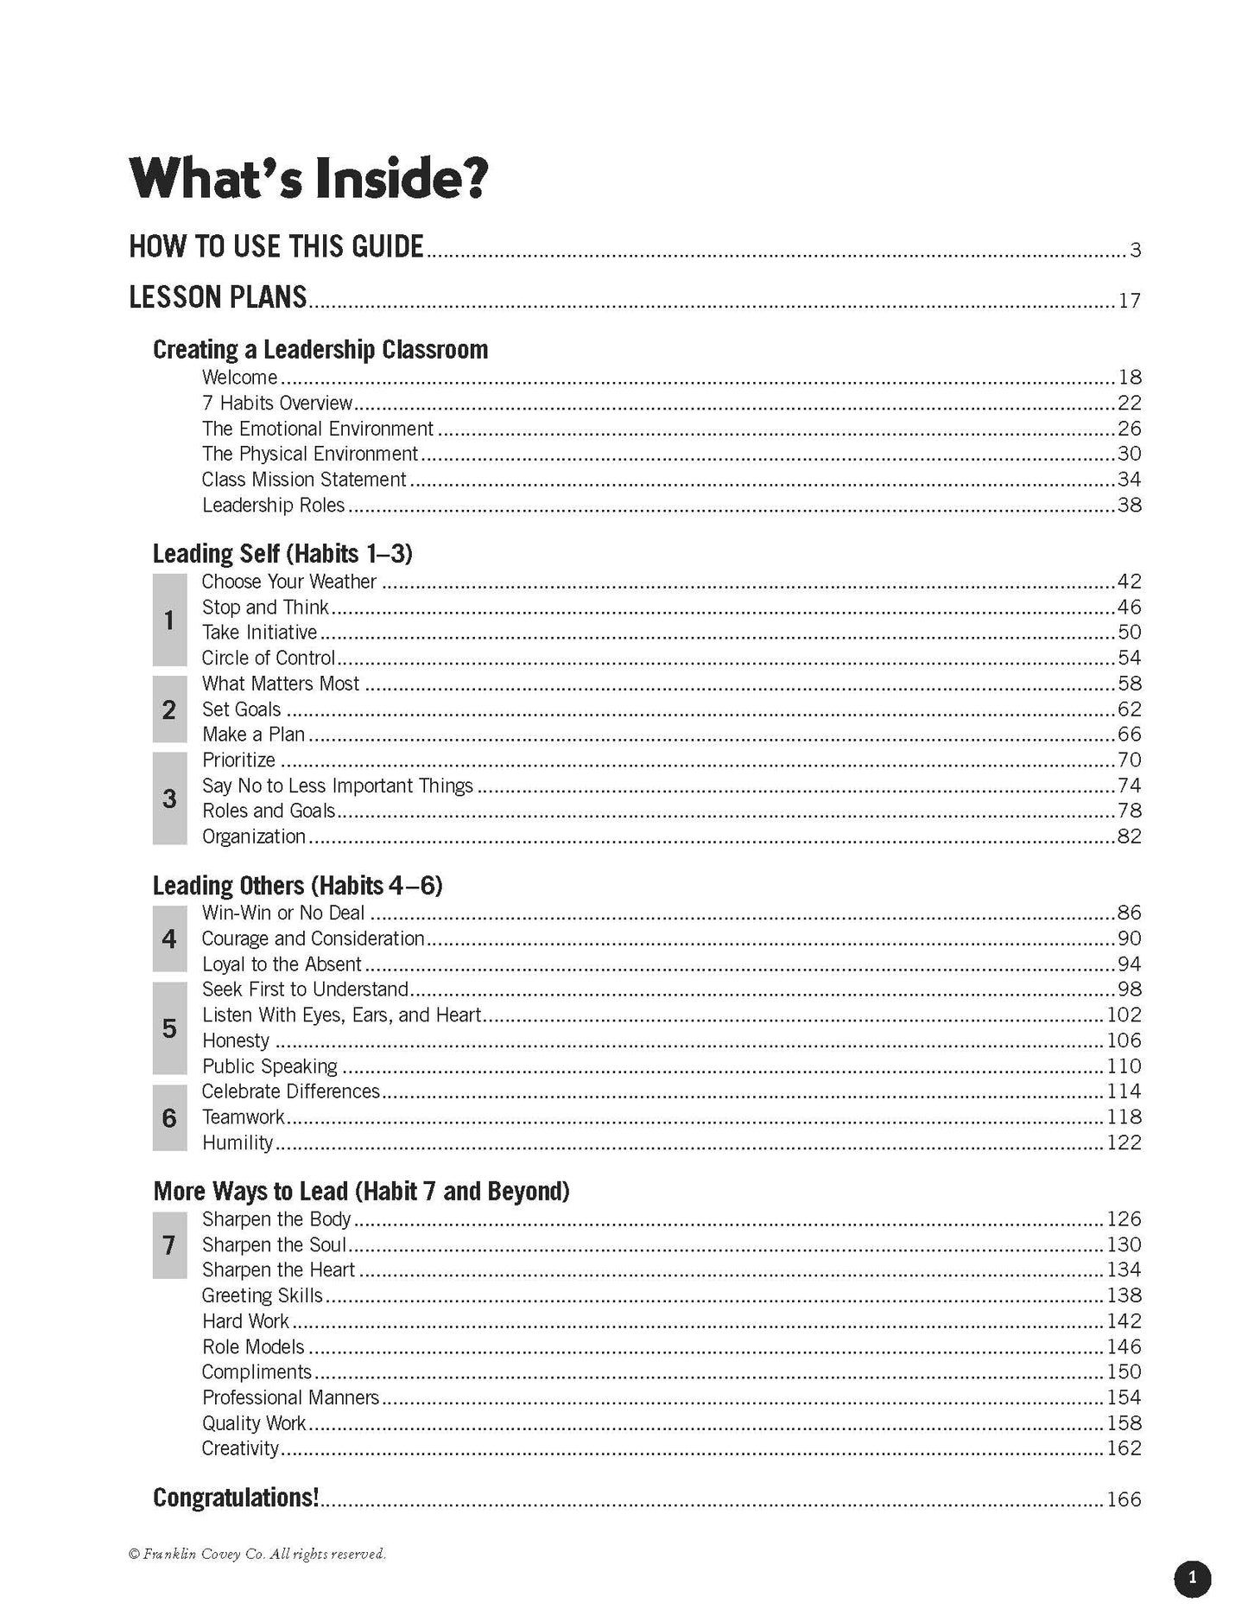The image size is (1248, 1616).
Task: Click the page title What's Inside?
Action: [308, 178]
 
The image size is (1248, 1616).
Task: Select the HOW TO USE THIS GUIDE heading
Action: [276, 246]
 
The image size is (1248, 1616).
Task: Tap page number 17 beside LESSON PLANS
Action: [1129, 301]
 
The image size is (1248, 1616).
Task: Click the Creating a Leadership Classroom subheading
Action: [320, 349]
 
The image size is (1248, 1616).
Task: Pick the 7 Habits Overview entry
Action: [277, 403]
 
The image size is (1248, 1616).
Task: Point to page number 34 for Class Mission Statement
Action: [1129, 480]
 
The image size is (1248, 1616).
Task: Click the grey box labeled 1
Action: [169, 620]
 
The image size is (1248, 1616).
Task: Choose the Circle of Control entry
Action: [268, 658]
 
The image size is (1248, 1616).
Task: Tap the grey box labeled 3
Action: [169, 798]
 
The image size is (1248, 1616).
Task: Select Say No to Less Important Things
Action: [337, 786]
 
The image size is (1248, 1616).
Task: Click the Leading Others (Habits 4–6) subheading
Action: [297, 886]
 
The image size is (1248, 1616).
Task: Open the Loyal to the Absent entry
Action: [282, 964]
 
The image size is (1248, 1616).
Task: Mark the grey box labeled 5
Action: [169, 1028]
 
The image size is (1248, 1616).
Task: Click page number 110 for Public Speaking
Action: [1124, 1066]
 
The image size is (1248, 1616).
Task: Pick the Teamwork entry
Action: [243, 1117]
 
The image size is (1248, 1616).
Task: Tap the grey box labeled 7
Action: [169, 1245]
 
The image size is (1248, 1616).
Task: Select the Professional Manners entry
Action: [290, 1397]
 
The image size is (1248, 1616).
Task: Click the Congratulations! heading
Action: [236, 1498]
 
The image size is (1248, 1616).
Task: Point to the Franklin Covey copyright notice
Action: [257, 1554]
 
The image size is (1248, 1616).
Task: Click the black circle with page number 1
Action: [1193, 1578]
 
